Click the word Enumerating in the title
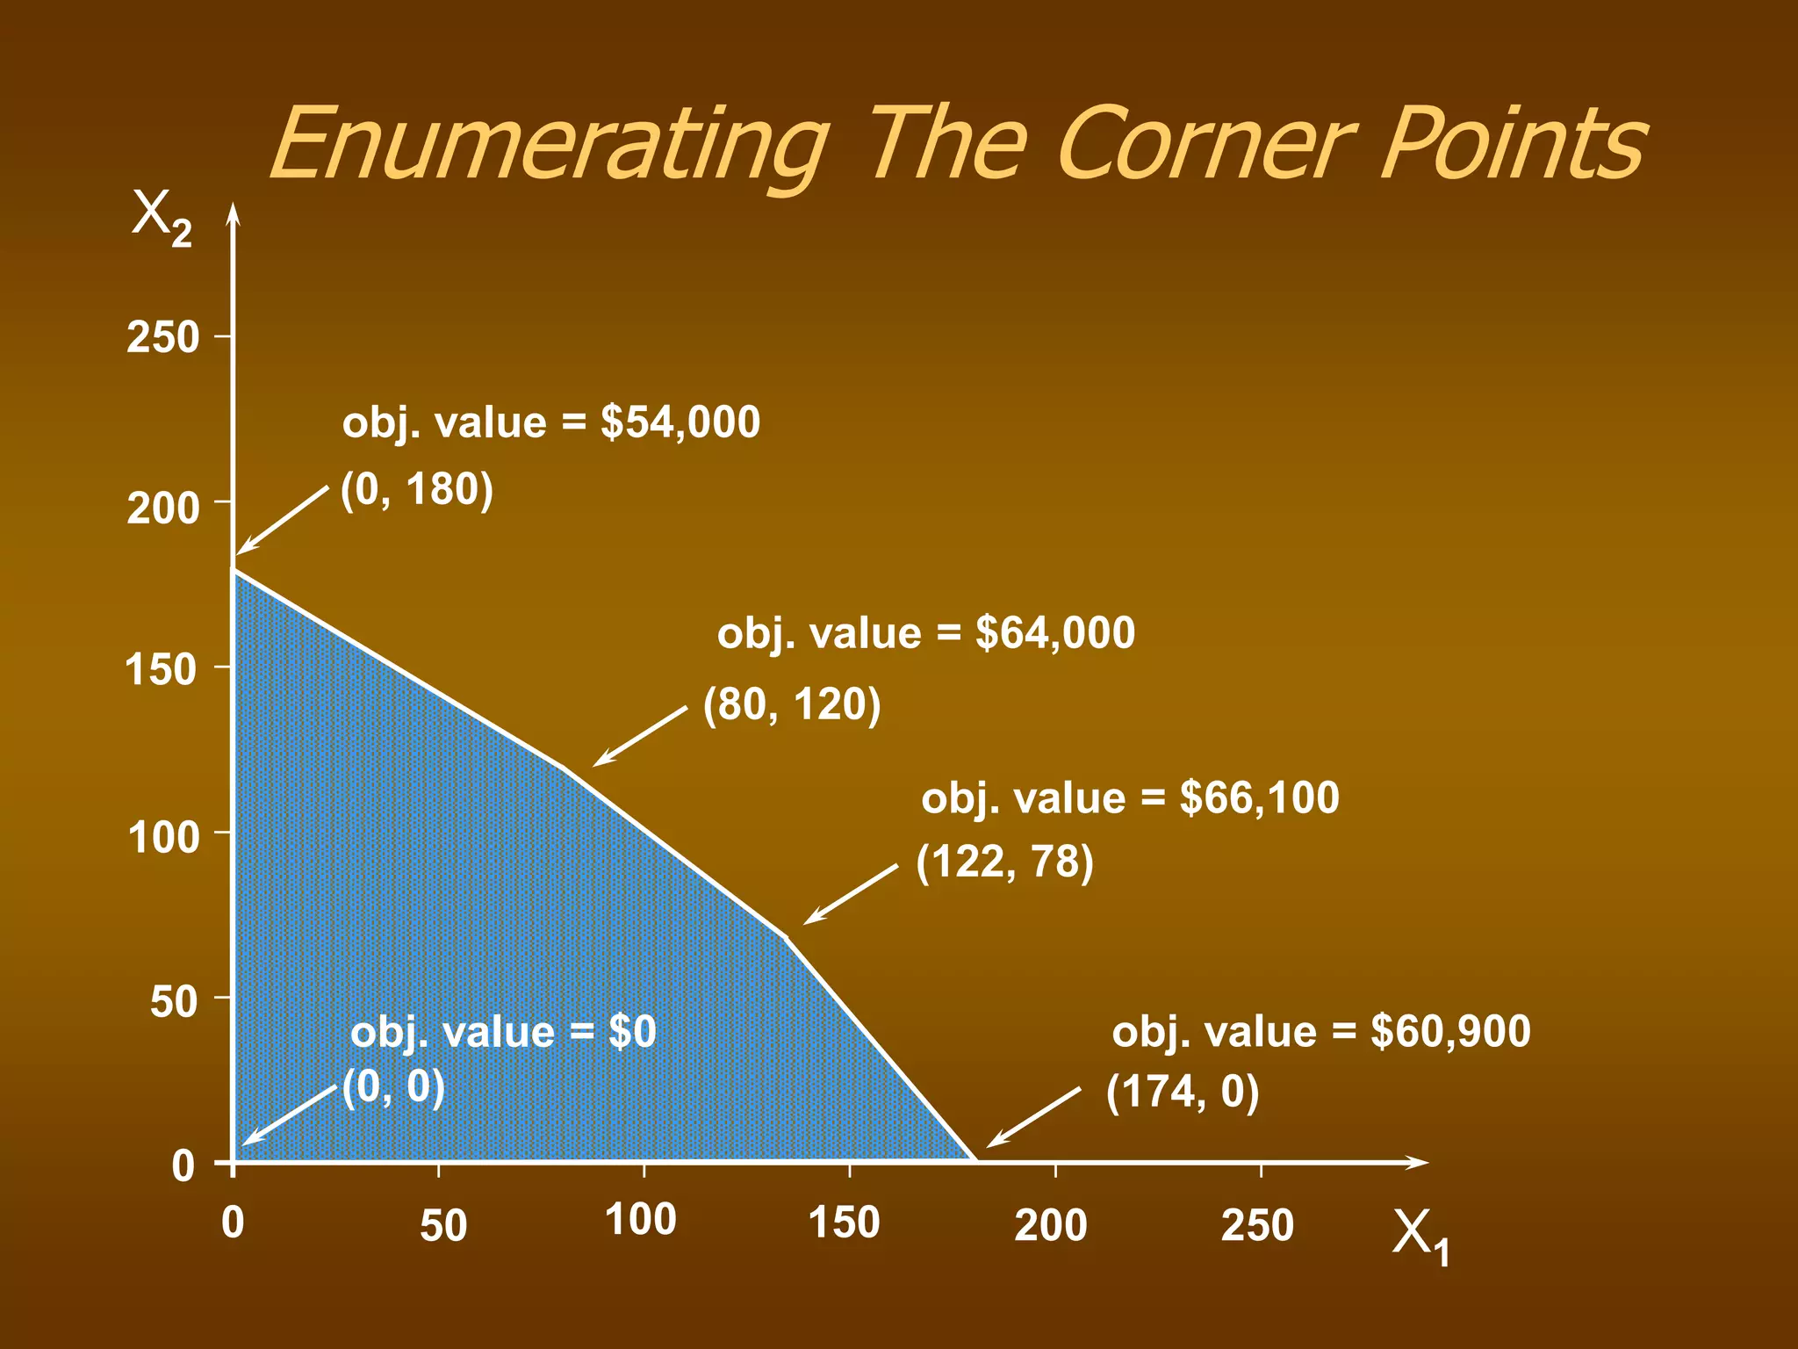[549, 145]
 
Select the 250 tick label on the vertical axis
[163, 338]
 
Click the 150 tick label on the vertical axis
[162, 670]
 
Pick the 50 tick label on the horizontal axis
[443, 1225]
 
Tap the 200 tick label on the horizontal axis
[1051, 1225]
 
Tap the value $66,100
[1260, 797]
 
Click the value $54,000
[680, 422]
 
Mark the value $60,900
[1451, 1031]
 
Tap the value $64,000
[1055, 633]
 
